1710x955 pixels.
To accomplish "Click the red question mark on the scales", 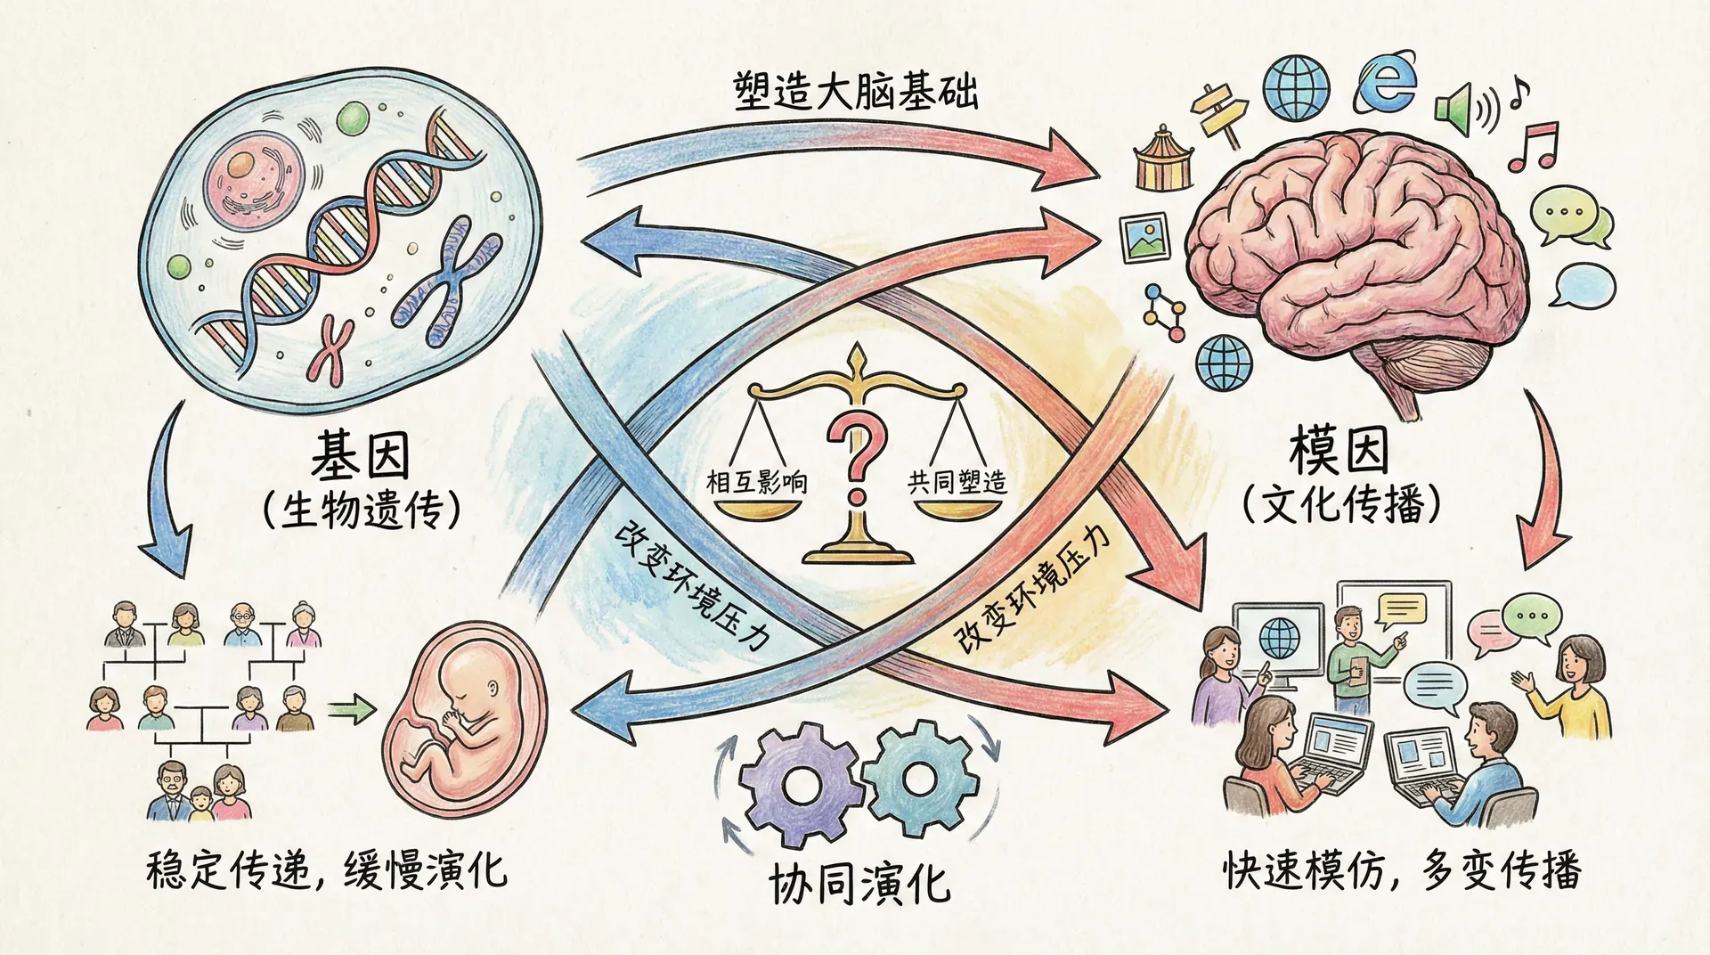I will [857, 454].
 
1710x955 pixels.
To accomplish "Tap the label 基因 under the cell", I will [360, 456].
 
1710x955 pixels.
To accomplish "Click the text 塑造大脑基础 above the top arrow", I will [856, 93].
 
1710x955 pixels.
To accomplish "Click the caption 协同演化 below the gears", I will [859, 885].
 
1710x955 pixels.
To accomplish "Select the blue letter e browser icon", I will [1386, 86].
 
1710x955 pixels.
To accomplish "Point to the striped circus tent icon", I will [1163, 160].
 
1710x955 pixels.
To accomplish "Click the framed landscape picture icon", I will [1145, 237].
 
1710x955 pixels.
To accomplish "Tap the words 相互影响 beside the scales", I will [756, 483].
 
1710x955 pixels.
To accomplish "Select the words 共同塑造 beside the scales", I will [957, 483].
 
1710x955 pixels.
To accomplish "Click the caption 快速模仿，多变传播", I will [1402, 870].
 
